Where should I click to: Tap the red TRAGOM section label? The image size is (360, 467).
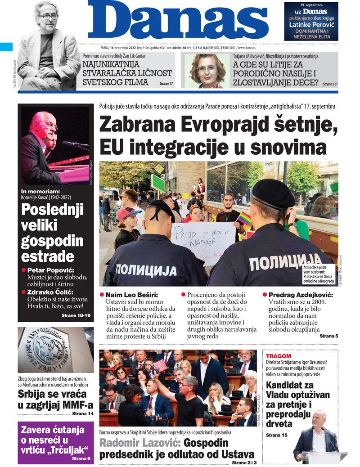coord(279,356)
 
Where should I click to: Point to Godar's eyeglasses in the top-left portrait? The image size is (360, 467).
coord(49,17)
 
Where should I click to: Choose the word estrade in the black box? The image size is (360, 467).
coord(48,256)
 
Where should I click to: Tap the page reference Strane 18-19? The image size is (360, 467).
coord(76,316)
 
